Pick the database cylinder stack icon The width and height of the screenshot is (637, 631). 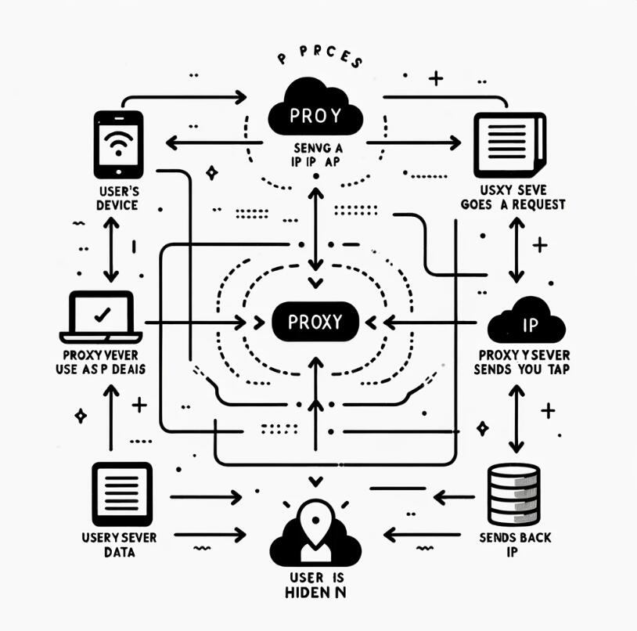(x=513, y=494)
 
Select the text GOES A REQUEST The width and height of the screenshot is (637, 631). (x=514, y=205)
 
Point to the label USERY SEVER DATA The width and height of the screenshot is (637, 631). (x=119, y=545)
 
